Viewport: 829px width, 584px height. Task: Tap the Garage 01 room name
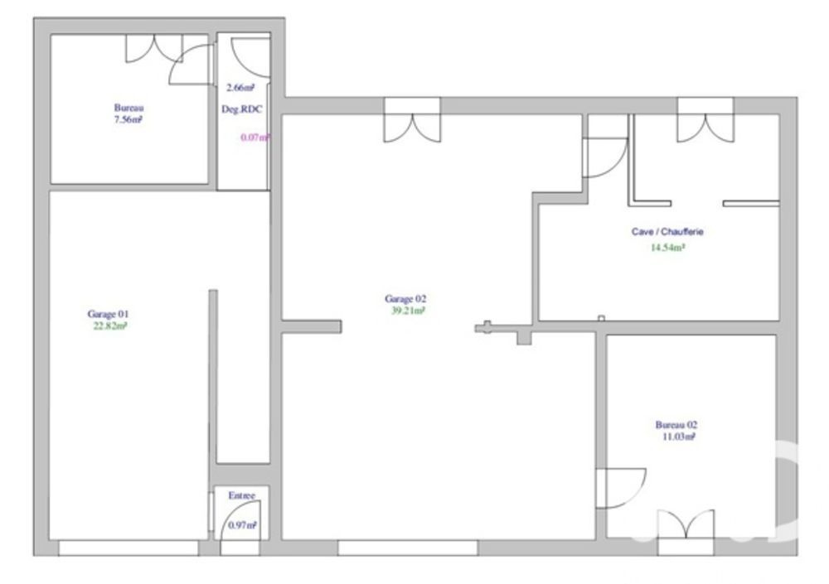pyautogui.click(x=108, y=314)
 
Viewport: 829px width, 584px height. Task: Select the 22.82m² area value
pyautogui.click(x=109, y=326)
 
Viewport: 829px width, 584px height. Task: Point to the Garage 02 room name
pyautogui.click(x=405, y=299)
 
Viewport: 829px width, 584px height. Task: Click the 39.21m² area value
pyautogui.click(x=407, y=311)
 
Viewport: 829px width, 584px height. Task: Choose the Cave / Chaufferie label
pyautogui.click(x=667, y=233)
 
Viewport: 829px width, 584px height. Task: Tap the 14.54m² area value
pyautogui.click(x=668, y=247)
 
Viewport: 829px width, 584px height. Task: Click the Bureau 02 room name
pyautogui.click(x=676, y=425)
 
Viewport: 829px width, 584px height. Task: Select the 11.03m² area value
pyautogui.click(x=677, y=437)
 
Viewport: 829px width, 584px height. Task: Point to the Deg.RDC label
pyautogui.click(x=242, y=109)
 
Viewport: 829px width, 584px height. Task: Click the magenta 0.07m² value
pyautogui.click(x=255, y=138)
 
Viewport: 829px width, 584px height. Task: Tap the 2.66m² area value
pyautogui.click(x=240, y=88)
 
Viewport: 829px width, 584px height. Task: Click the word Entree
pyautogui.click(x=242, y=495)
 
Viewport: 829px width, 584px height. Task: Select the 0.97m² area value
pyautogui.click(x=242, y=525)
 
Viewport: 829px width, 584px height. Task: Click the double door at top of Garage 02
pyautogui.click(x=412, y=120)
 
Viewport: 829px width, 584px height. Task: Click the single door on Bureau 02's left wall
pyautogui.click(x=618, y=488)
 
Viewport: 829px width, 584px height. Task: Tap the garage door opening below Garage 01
pyautogui.click(x=128, y=548)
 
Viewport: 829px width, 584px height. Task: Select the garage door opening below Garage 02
pyautogui.click(x=408, y=548)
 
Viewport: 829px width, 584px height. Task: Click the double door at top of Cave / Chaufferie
pyautogui.click(x=705, y=119)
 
